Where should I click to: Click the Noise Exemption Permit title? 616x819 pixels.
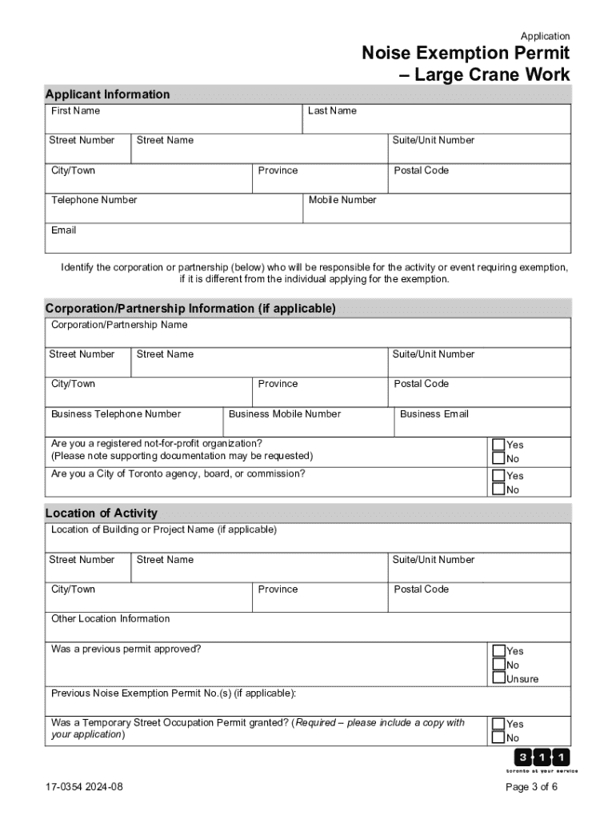(x=466, y=64)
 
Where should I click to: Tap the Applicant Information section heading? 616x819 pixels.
(x=107, y=94)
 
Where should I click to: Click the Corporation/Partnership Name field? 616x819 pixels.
(x=307, y=334)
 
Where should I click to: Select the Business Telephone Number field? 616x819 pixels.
(x=133, y=424)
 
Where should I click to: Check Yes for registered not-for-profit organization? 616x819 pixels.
(x=498, y=445)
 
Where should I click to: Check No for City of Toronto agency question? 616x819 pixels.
(x=498, y=489)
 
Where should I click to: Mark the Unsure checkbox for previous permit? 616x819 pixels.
(x=498, y=679)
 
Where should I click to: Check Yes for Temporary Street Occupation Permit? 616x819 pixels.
(x=498, y=724)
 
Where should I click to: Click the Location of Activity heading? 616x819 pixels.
(x=102, y=513)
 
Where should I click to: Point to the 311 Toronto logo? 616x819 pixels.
(x=542, y=760)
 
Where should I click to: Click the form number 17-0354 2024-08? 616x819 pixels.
(x=84, y=786)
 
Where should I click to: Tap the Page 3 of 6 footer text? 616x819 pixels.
(x=531, y=786)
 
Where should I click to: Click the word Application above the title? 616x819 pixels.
(x=545, y=36)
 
